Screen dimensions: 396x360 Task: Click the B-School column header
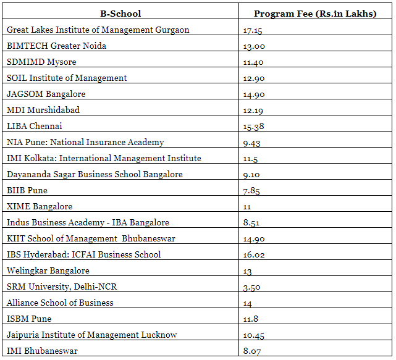(x=120, y=14)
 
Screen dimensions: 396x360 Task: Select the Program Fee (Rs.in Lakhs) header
(x=315, y=14)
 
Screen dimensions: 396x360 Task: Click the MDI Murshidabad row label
(x=43, y=110)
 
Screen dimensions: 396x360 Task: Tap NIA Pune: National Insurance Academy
(x=85, y=142)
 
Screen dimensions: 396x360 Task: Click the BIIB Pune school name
(x=27, y=190)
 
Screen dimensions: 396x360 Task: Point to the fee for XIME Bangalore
(x=247, y=207)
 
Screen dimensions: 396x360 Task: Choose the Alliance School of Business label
(x=60, y=303)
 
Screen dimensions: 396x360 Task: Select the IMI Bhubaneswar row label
(x=42, y=351)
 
